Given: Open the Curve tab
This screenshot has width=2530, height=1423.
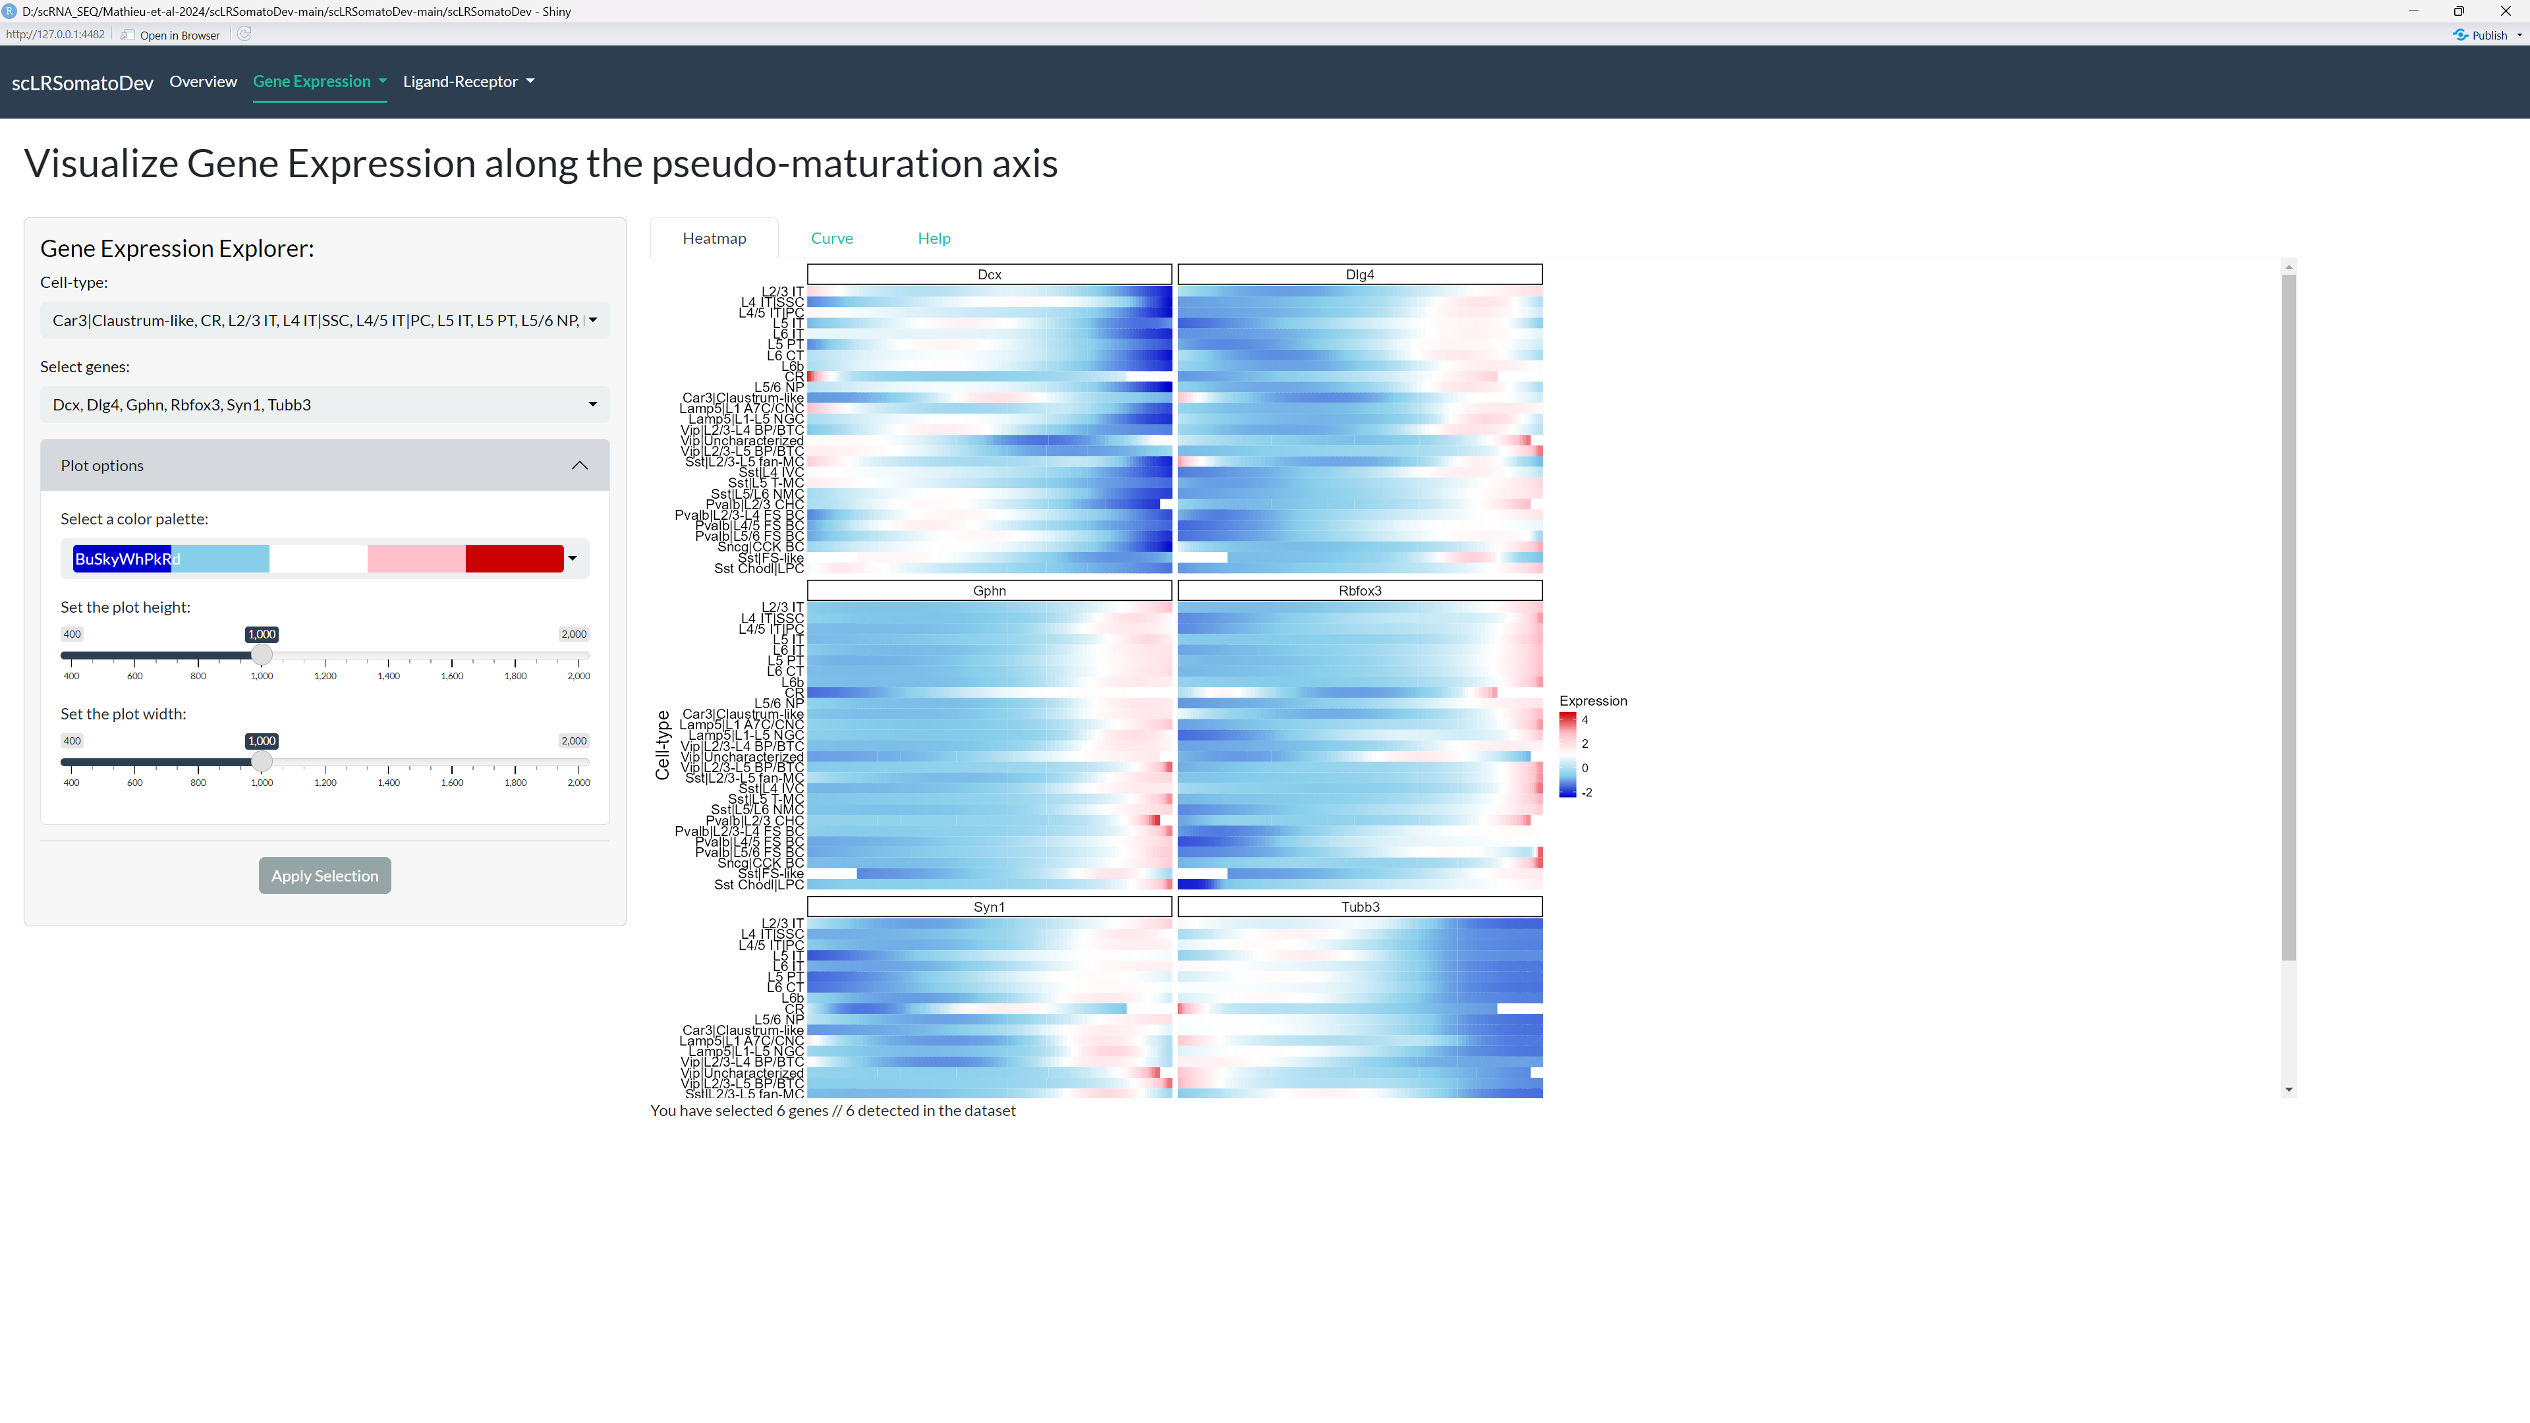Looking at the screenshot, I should [831, 238].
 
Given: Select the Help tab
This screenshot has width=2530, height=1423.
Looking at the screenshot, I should [933, 238].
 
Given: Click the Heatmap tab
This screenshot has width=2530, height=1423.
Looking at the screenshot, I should [714, 238].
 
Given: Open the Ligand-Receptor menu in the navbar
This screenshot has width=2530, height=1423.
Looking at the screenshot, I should [468, 82].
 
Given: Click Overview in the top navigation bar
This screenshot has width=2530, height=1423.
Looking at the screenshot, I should [204, 82].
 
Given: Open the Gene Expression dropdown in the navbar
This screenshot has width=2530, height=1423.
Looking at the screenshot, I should [319, 82].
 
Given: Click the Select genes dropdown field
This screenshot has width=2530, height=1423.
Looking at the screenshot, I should [324, 405].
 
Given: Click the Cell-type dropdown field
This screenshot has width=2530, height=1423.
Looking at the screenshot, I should [324, 320].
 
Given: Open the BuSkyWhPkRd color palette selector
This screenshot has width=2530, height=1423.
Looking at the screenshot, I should [324, 559].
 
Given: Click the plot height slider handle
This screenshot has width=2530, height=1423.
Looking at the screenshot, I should [262, 655].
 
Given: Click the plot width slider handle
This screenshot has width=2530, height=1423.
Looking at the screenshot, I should [262, 762].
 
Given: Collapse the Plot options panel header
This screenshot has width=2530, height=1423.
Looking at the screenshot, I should [324, 466].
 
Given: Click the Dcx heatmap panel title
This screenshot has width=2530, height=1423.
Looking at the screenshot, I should [989, 274].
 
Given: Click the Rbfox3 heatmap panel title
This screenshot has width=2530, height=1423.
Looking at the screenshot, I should [1359, 590].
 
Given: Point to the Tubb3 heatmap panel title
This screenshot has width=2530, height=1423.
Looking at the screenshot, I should [1359, 907].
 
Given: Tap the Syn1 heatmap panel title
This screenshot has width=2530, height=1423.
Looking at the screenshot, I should [989, 907].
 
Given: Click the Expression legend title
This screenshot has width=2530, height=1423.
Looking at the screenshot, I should [1592, 700].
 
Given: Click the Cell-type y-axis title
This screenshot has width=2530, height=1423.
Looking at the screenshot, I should [662, 745].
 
